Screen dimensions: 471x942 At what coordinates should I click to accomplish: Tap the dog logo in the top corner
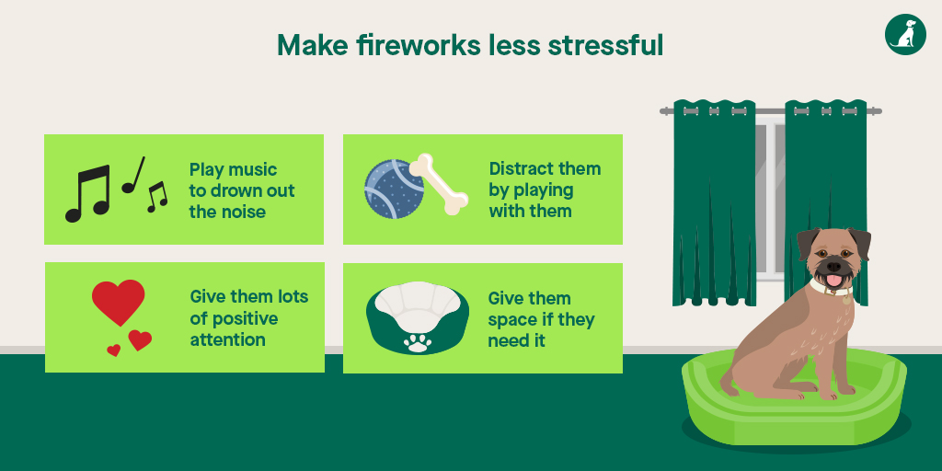coord(905,34)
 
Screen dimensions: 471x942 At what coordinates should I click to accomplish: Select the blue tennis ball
coord(393,189)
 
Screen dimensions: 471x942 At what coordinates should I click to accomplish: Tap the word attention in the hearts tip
coord(227,339)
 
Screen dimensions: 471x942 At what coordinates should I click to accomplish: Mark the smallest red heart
coord(114,350)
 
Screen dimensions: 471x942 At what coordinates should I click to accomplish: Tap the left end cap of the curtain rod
coord(663,111)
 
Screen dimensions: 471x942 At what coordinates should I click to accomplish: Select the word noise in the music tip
coord(242,212)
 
